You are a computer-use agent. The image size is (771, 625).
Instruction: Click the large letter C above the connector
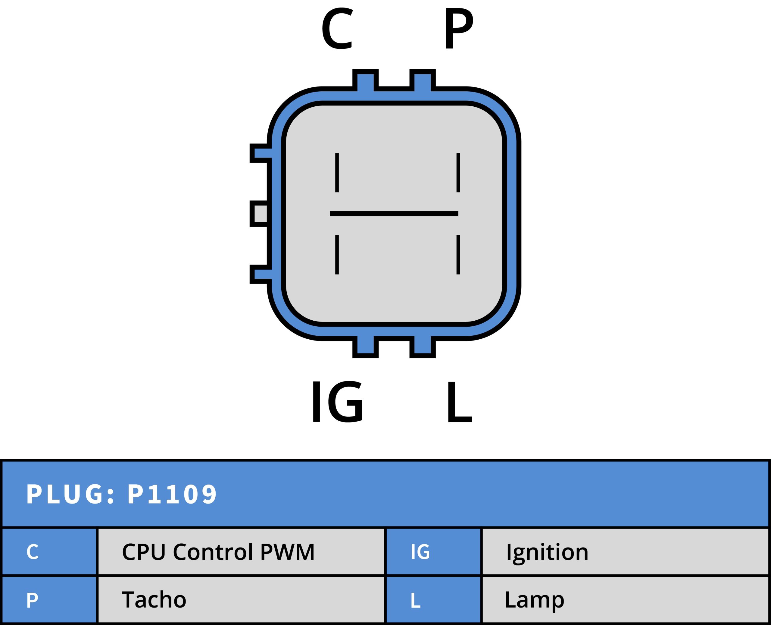(337, 28)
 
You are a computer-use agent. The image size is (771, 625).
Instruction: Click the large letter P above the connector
(458, 28)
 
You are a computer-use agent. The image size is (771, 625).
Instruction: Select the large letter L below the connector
(459, 402)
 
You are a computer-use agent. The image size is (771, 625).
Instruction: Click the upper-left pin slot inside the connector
(337, 172)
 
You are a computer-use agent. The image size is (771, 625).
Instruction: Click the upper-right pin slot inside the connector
(458, 172)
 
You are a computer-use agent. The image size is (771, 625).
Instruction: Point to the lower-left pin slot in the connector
(337, 255)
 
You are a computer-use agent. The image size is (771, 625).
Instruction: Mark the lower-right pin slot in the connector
(458, 255)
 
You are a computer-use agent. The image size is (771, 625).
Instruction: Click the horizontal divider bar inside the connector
(394, 213)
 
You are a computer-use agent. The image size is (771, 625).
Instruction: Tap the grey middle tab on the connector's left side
(261, 213)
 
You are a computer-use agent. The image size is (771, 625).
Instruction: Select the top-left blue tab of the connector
(365, 80)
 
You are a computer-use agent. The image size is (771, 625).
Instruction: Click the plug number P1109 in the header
(172, 494)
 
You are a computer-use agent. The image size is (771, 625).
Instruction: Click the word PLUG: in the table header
(70, 494)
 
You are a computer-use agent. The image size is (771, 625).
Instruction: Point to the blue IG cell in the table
(433, 551)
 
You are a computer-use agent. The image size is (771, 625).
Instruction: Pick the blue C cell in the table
(49, 551)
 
